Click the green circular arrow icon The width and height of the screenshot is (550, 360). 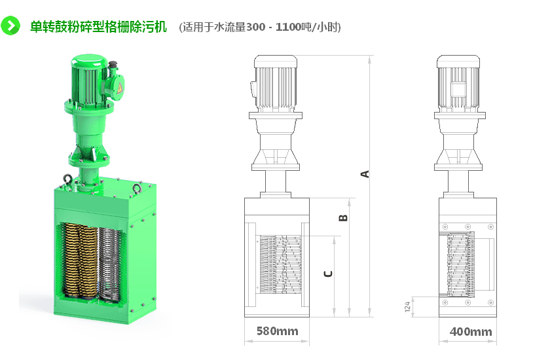coord(10,26)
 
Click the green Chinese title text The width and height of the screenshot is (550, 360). coord(98,27)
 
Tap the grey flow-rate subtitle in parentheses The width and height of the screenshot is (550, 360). coord(260,27)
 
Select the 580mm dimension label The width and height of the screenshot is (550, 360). coord(278,331)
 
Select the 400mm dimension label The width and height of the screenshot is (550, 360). coord(471,332)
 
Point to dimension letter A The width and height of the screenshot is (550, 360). coord(365,174)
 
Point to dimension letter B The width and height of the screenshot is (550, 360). coord(343,218)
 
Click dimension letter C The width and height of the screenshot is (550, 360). coord(328,274)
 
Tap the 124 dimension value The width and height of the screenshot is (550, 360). coord(407,307)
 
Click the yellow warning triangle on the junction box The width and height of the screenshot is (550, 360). coord(120,88)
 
